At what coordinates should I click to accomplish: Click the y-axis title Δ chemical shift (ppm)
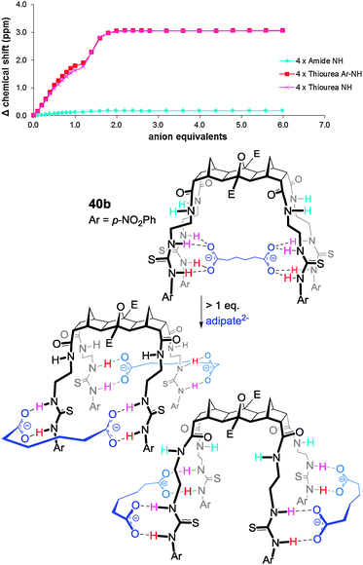8,58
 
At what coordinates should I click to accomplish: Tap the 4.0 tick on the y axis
20,3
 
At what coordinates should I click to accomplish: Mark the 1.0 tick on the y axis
20,87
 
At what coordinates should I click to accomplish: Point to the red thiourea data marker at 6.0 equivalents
281,30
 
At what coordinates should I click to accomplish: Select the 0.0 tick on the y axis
20,115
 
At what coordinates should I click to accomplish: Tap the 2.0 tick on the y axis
20,58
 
